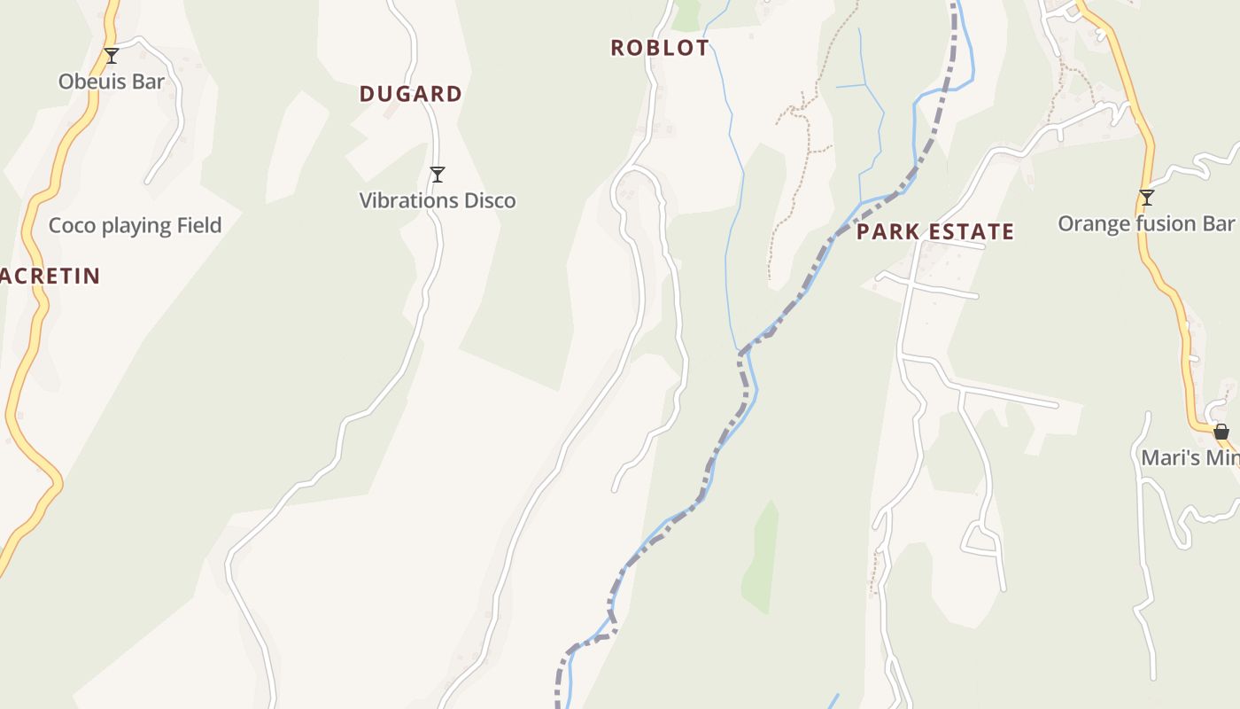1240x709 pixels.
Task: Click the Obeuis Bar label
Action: [112, 82]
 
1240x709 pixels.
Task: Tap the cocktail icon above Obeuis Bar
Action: [112, 56]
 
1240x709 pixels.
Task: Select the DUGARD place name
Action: [411, 94]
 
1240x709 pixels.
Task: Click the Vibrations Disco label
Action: [437, 201]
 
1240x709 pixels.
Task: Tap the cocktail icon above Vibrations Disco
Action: [437, 175]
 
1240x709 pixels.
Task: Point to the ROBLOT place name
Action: [660, 48]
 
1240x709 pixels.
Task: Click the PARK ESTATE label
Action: [934, 232]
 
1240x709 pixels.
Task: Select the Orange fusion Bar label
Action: [1146, 223]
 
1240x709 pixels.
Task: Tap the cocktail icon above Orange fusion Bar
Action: [1147, 198]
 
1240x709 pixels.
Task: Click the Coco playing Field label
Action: [135, 225]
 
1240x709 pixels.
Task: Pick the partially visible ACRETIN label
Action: [50, 276]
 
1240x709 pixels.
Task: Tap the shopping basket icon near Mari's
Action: [1221, 432]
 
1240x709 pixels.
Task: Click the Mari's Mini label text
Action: [1190, 458]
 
